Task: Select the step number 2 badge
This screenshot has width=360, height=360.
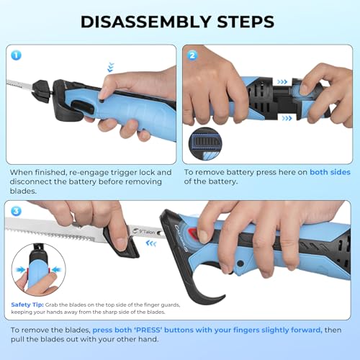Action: (192, 55)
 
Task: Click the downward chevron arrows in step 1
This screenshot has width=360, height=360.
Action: (110, 67)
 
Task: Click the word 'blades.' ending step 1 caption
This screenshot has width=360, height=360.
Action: (24, 192)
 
